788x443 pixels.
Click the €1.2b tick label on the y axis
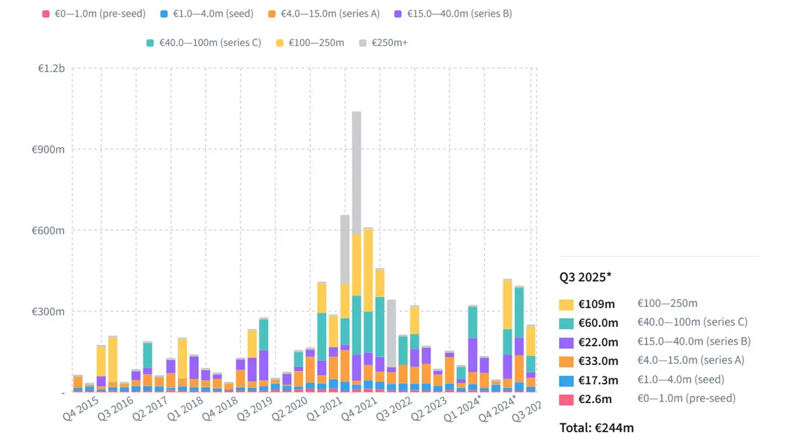51,68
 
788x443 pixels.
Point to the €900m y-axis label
49,150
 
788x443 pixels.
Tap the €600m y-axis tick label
49,231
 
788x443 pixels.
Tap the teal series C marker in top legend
150,42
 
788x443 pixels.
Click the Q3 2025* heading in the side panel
585,276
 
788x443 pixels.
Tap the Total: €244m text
597,427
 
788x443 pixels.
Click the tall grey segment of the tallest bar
356,172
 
